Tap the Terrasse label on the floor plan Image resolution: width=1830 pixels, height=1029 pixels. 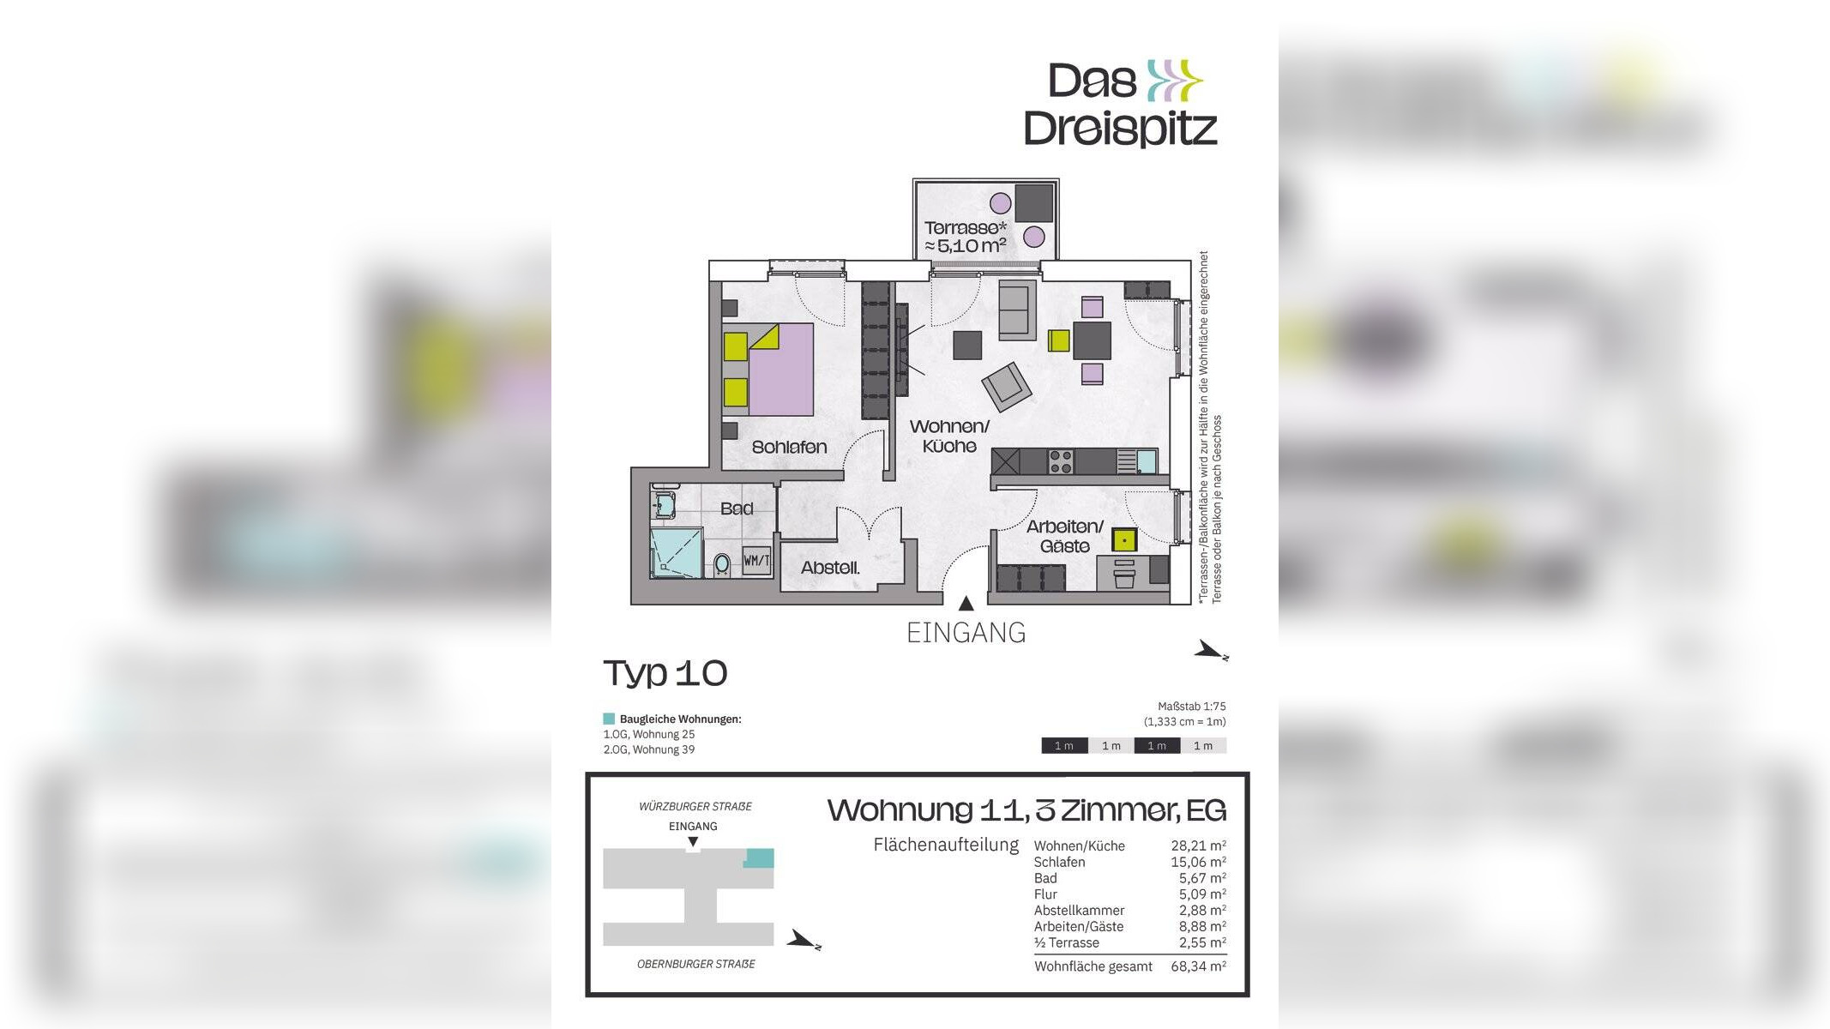965,237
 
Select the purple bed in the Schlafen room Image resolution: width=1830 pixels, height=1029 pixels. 780,370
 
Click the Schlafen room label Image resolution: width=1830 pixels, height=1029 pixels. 789,447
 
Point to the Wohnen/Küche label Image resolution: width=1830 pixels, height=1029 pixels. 949,436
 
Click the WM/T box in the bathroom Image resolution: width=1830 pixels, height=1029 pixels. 756,561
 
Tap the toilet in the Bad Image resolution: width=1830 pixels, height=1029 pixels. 722,563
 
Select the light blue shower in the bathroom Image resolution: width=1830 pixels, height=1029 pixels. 677,551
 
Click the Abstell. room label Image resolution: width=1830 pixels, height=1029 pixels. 830,568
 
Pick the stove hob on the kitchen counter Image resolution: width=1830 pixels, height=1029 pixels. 1061,461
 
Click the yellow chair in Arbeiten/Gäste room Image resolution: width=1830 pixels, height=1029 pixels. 1123,540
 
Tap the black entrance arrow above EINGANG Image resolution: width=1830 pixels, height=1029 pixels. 966,604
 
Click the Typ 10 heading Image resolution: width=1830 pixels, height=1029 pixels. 665,673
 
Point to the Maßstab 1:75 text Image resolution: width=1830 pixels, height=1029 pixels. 1191,707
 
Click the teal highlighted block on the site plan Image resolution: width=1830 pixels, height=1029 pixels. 758,857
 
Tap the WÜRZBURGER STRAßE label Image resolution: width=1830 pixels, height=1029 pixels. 695,806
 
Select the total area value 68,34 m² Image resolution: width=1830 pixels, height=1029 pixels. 1198,966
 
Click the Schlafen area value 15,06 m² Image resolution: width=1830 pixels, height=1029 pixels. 1198,862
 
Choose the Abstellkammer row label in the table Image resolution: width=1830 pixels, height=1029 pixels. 1079,910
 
